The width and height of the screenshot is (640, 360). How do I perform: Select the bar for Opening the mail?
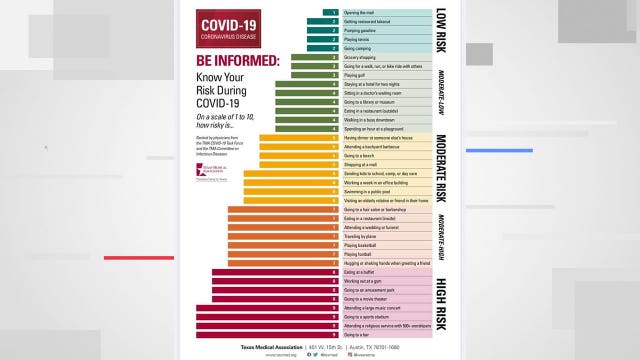click(332, 12)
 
